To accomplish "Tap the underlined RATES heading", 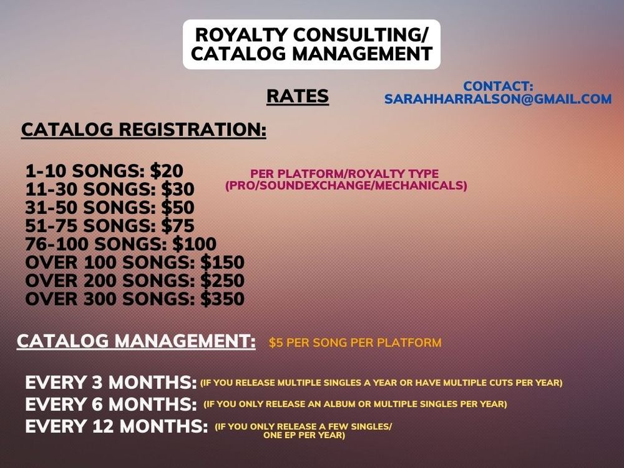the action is coord(298,96).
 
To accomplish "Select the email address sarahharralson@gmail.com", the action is coord(498,99).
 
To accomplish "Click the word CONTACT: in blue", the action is coord(498,86).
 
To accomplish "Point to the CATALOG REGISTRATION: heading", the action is coord(144,130).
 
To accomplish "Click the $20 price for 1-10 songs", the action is coord(167,171).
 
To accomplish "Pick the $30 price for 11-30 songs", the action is coord(178,190).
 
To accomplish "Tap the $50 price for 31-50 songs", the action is coord(178,208).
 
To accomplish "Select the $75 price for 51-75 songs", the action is coord(178,226).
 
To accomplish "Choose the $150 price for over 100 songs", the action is coord(223,263).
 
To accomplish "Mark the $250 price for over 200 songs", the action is coord(223,281).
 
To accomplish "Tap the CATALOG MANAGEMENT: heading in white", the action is coord(136,341).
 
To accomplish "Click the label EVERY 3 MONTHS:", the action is coord(111,383).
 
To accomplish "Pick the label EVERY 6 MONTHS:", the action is coord(111,405).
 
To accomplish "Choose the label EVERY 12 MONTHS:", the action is coord(117,427).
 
